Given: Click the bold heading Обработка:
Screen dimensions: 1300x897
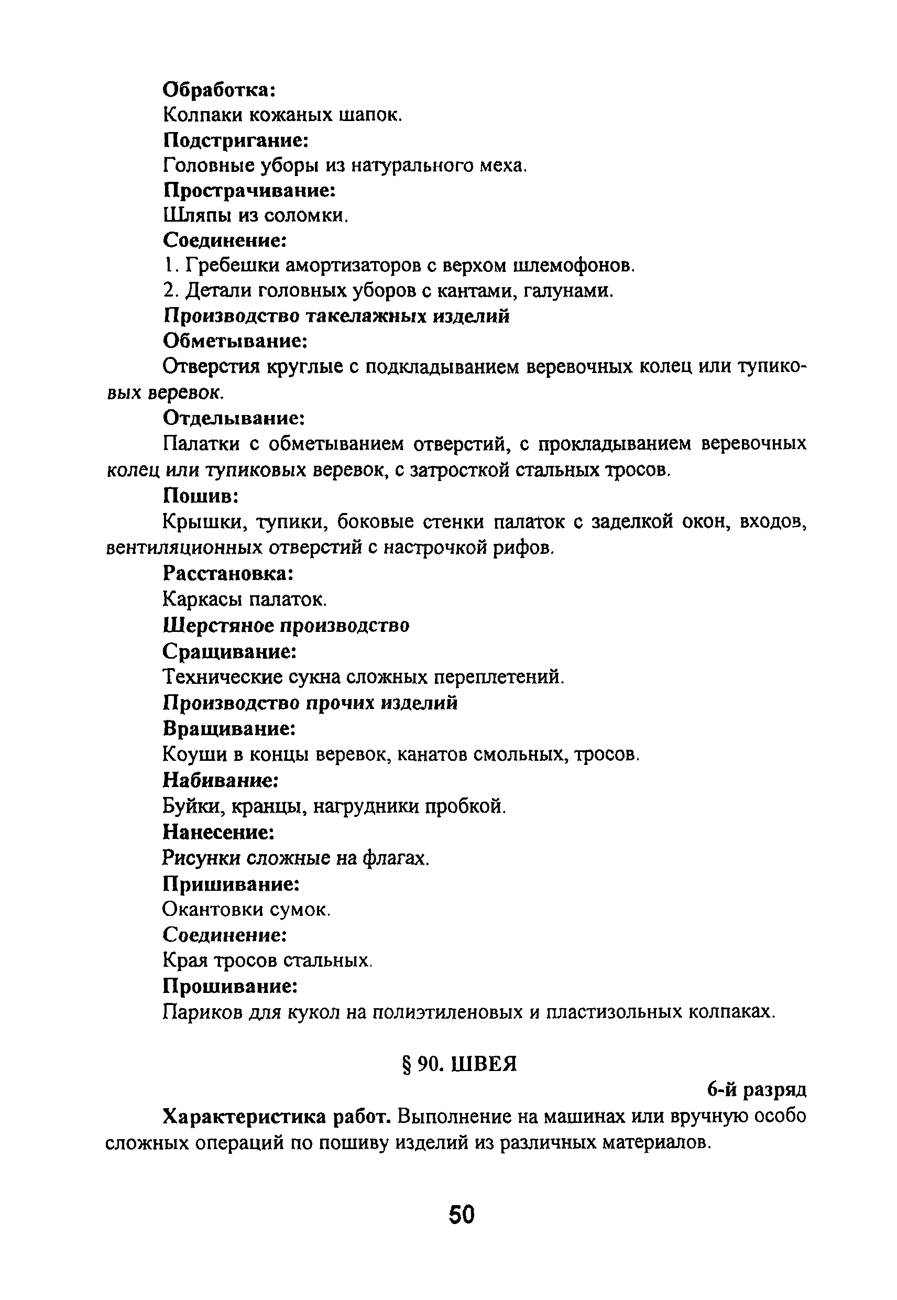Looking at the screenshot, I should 219,90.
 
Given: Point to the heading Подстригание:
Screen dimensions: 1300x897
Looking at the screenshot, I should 236,140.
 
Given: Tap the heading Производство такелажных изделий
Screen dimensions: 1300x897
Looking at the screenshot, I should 336,316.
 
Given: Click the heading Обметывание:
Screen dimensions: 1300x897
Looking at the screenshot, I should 235,341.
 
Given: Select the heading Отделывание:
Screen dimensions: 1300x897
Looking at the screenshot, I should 234,418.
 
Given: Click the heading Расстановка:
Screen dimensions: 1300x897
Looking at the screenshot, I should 228,573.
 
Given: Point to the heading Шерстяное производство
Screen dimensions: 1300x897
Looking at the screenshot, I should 286,625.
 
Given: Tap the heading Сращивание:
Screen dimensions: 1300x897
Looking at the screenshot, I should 229,651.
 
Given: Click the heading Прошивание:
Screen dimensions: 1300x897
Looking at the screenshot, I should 230,986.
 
